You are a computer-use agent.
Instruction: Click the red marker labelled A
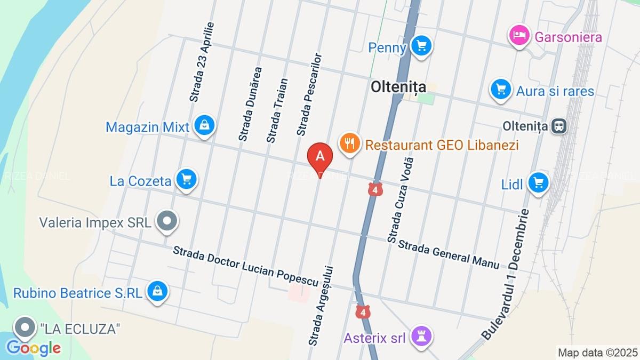321,157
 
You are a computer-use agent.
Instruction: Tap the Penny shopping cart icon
422,46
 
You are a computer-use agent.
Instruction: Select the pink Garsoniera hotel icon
518,36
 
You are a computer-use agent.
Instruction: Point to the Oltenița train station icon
559,126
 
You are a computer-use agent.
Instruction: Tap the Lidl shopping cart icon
538,183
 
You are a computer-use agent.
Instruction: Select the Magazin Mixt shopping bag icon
204,126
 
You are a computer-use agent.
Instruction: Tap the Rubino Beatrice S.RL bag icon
157,292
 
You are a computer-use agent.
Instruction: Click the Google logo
34,348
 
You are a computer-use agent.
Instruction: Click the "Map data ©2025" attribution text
597,352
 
